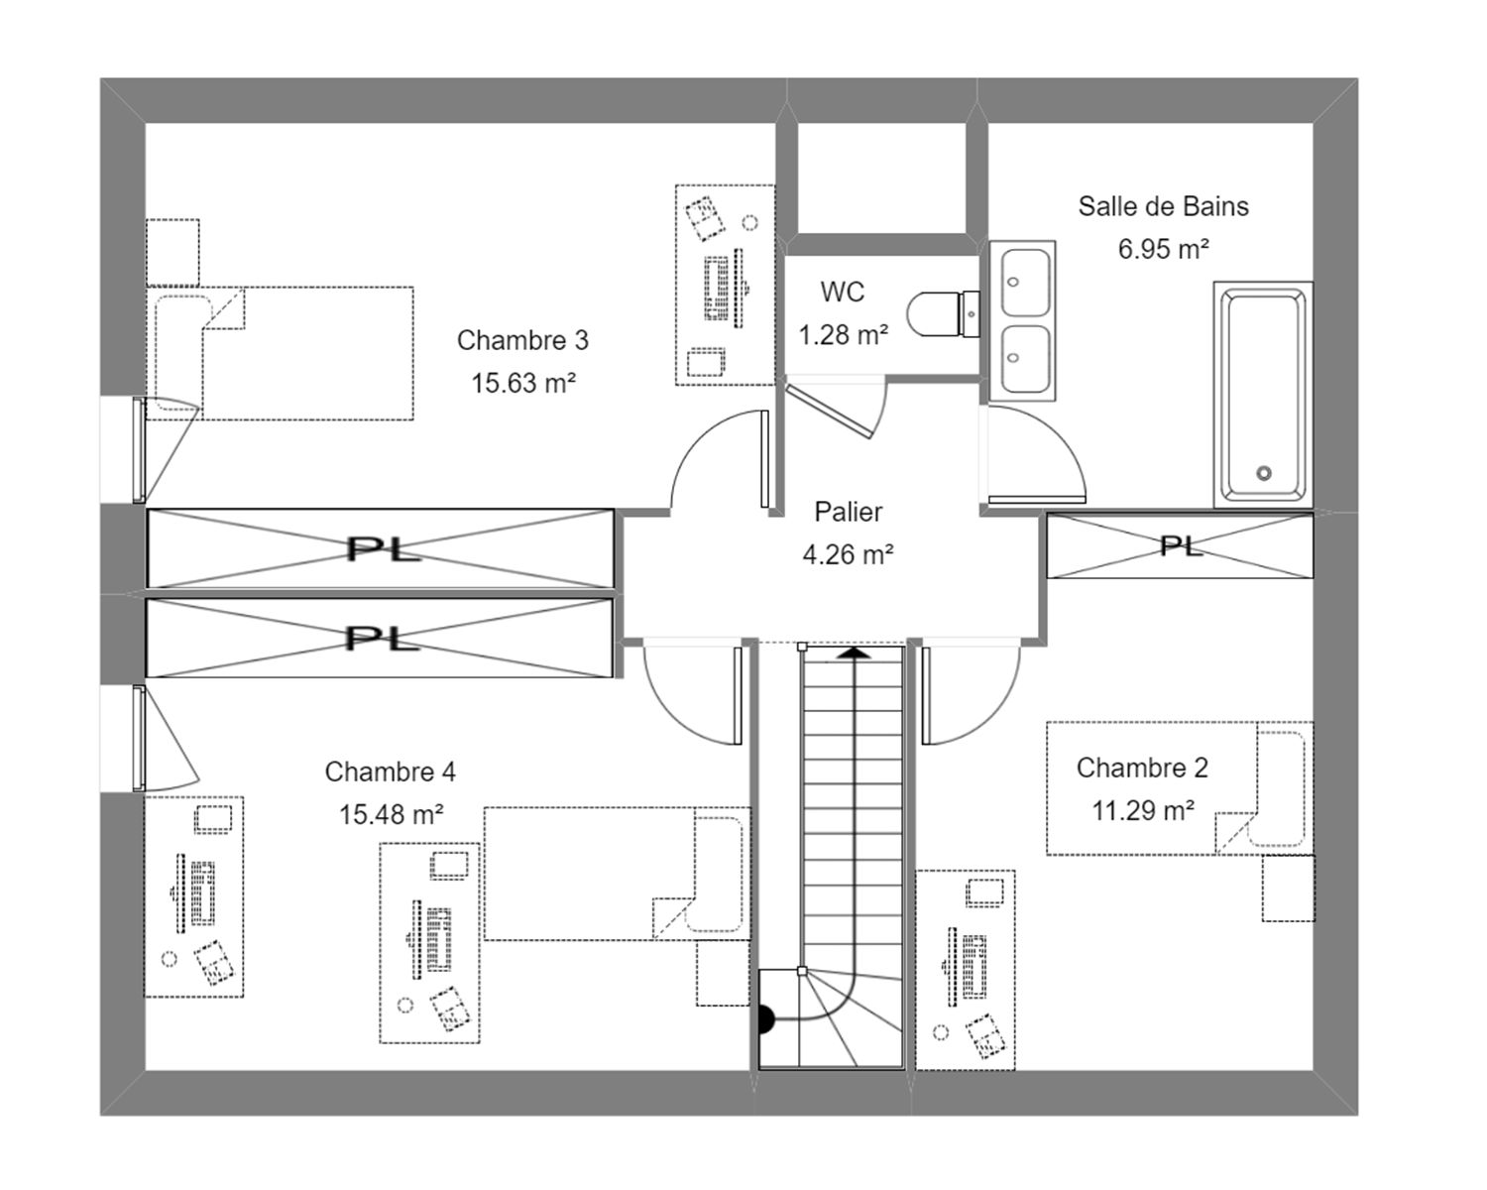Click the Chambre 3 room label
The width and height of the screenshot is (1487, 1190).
[522, 340]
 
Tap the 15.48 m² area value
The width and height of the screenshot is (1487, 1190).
[391, 814]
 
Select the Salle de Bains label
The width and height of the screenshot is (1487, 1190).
[1164, 206]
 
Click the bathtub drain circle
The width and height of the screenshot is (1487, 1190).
[1264, 473]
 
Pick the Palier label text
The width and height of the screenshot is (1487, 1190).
[848, 512]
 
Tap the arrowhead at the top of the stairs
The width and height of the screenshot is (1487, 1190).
[856, 652]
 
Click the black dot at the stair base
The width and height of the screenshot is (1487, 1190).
[765, 1019]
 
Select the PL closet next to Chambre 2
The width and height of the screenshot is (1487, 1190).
[1180, 545]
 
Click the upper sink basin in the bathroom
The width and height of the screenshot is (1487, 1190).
[1025, 282]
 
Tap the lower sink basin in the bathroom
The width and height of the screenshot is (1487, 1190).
[1025, 358]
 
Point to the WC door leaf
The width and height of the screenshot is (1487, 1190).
[829, 413]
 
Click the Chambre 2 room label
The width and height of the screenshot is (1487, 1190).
[1142, 768]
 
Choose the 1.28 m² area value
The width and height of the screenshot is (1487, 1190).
[844, 335]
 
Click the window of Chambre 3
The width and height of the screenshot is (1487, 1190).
[139, 449]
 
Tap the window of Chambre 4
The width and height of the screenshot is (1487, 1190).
[139, 738]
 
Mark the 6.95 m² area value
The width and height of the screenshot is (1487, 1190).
[1164, 249]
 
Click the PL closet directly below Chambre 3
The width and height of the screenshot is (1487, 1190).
[380, 549]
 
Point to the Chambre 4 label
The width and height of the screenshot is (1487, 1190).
[391, 772]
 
